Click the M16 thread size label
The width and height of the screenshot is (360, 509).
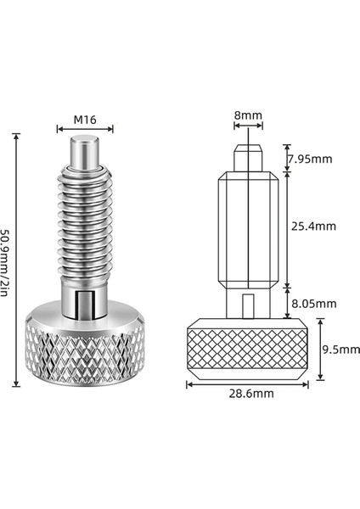(84, 120)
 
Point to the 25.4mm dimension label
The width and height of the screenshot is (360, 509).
(313, 227)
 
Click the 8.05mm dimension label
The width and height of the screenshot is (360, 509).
(313, 303)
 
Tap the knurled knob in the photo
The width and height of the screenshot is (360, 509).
(83, 352)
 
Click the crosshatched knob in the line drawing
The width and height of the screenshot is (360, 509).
(246, 349)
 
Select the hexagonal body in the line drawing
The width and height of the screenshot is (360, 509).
(246, 229)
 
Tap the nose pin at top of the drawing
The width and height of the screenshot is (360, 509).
(246, 157)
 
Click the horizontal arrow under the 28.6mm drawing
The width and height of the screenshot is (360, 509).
(246, 383)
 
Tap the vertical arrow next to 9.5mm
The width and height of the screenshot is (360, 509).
(320, 349)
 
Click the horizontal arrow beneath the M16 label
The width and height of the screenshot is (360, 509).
(84, 130)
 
